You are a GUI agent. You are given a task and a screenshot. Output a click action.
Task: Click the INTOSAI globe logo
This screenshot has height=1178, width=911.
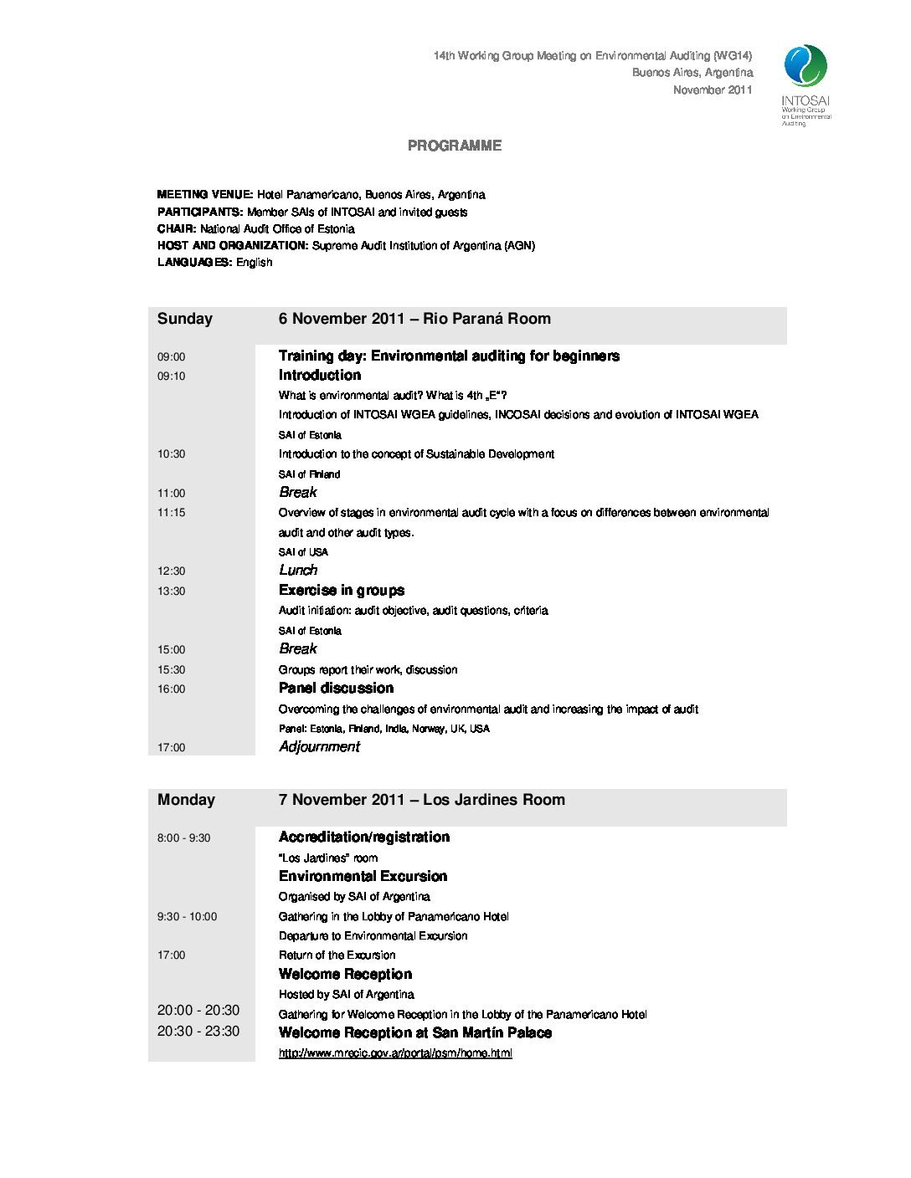coord(805,66)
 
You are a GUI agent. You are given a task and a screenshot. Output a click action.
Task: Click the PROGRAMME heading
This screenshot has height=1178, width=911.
coord(455,146)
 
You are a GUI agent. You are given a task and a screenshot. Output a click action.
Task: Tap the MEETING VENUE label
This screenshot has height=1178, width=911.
coord(204,195)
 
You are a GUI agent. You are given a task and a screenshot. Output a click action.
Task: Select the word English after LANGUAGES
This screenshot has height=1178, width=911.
coord(254,263)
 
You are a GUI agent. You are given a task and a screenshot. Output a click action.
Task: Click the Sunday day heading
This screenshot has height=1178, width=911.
coord(185,319)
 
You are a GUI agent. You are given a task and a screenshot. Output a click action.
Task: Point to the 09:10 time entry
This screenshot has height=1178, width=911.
coord(171,376)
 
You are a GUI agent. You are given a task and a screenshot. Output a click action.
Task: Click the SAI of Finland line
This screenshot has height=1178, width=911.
coord(309,474)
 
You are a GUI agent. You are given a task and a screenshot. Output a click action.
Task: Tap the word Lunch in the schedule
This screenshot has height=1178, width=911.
coord(298,571)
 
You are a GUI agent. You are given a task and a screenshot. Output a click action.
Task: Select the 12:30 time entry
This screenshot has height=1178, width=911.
coord(171,571)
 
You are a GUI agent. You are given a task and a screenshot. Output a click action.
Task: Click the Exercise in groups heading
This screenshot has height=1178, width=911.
coord(341,591)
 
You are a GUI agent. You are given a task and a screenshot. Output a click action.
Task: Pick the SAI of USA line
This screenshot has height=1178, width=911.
coord(303,552)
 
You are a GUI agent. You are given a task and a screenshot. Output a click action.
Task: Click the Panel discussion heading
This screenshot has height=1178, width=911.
coord(336,689)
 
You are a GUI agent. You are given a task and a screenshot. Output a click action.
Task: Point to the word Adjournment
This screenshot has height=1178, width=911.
coord(319,747)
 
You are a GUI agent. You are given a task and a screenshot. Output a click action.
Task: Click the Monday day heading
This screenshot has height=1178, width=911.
coord(186,800)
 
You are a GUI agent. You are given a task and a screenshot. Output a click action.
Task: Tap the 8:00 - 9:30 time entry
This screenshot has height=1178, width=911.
coord(183,838)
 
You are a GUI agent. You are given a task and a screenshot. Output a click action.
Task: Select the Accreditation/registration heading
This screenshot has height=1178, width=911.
coord(363,837)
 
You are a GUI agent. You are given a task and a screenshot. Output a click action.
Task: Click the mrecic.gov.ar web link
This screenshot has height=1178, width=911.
coord(395,1053)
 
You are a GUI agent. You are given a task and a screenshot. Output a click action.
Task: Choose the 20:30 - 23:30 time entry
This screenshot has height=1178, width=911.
coord(198,1032)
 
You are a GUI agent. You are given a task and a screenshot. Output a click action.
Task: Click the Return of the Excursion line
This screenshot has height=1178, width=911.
coord(337,955)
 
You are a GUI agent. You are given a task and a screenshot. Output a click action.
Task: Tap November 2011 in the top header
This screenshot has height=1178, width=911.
coord(713,90)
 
